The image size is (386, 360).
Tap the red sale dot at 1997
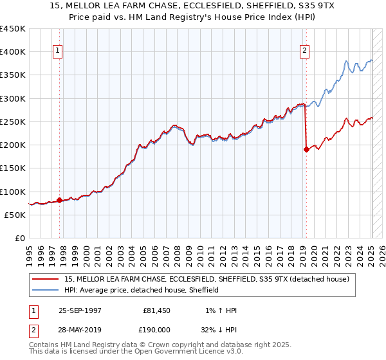[x=60, y=200]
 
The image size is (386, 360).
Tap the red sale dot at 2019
[x=306, y=150]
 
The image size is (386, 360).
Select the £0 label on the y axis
[x=21, y=239]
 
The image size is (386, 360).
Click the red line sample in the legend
[x=46, y=279]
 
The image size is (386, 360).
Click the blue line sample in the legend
[x=46, y=290]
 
